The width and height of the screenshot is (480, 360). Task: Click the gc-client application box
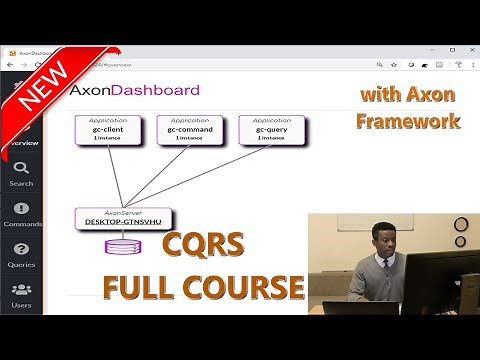coord(108,130)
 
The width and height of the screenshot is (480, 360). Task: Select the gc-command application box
coord(190,130)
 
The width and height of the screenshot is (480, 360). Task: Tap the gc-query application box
coord(272,130)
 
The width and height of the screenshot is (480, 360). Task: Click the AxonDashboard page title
coord(134,90)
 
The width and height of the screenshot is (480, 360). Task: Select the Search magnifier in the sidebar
coord(21,171)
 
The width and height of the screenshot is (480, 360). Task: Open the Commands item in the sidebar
coord(21,213)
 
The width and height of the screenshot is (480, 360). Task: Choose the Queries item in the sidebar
coord(21,254)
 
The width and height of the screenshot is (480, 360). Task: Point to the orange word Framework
coord(409,121)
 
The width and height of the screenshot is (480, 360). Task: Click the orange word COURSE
coord(243,288)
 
